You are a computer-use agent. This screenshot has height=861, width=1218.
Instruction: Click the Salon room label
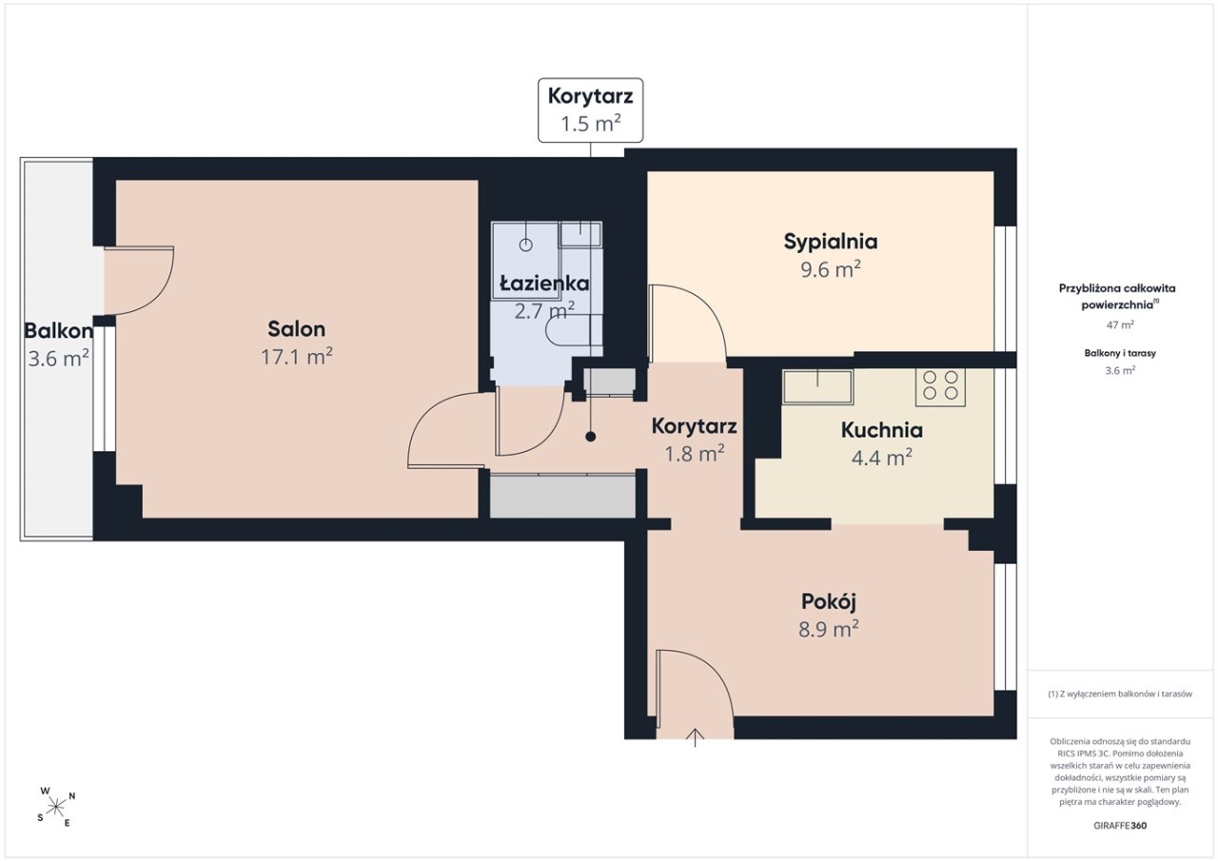tap(296, 329)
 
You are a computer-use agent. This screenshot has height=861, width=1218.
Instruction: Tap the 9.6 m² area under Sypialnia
tap(831, 269)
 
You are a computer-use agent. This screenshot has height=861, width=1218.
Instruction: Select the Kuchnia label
tap(881, 430)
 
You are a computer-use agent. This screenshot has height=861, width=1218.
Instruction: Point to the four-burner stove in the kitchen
tap(940, 387)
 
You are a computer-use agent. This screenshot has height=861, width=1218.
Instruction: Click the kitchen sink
tap(817, 386)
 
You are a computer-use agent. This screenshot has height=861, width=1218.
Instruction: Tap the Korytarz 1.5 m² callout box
tap(591, 110)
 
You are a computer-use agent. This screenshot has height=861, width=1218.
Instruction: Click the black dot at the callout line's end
tap(591, 437)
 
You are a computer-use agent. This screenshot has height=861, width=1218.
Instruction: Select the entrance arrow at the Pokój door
tap(695, 737)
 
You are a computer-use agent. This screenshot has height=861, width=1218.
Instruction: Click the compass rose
tap(55, 807)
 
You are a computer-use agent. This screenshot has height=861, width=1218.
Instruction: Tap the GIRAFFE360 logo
tap(1120, 825)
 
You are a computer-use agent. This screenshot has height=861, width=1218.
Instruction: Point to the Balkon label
tap(58, 330)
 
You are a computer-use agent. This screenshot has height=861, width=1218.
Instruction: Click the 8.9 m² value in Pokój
tap(829, 629)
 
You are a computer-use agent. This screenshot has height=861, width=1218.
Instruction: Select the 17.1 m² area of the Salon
tap(296, 357)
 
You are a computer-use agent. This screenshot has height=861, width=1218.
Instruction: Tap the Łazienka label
tap(544, 284)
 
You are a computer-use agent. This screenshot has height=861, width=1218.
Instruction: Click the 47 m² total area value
tap(1120, 324)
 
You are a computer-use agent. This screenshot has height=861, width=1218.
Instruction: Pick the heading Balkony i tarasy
tap(1120, 353)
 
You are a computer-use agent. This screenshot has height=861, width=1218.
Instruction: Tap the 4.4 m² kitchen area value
tap(881, 458)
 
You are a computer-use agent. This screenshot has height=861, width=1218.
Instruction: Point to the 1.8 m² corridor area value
tap(695, 453)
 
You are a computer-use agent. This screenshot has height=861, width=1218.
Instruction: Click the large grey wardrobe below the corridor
tap(562, 496)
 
